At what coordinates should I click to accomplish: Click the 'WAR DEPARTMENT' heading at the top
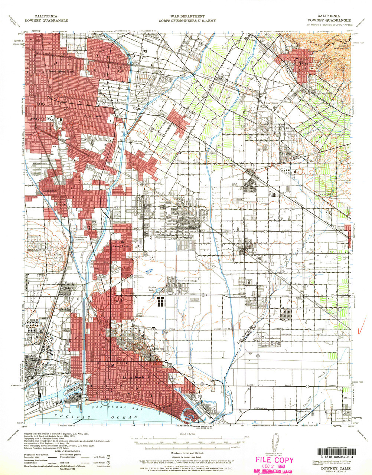point(187,16)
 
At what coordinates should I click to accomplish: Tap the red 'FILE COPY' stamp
point(274,461)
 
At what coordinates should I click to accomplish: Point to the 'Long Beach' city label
point(133,377)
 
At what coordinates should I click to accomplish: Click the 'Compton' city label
point(49,191)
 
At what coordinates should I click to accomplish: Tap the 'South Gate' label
point(93,116)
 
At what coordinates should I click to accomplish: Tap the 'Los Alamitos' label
point(272,338)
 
